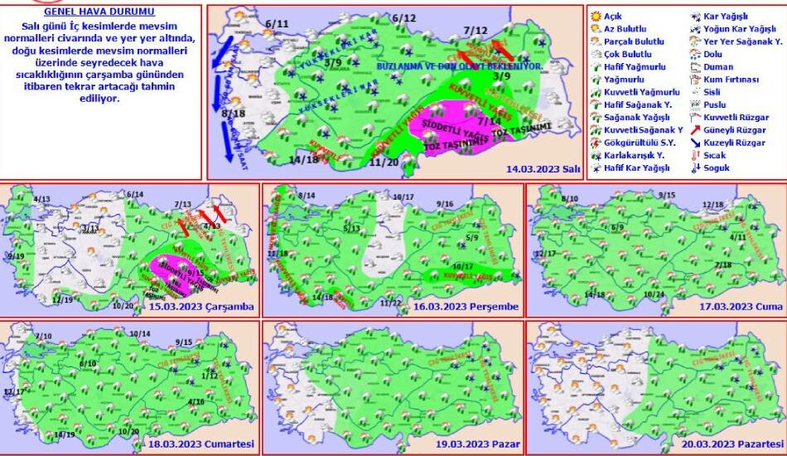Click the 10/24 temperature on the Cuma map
pyautogui.click(x=654, y=294)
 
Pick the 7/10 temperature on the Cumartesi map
pyautogui.click(x=44, y=336)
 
